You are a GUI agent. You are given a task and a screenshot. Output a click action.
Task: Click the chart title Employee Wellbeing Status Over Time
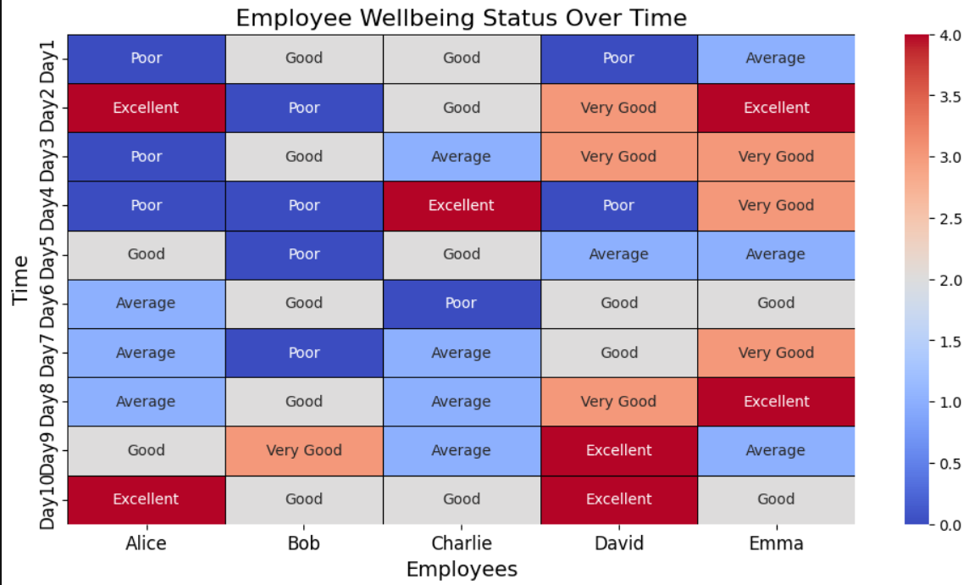(461, 18)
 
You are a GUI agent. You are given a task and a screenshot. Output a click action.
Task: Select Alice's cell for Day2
(147, 108)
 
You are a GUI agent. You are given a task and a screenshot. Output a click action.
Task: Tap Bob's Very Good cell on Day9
(304, 450)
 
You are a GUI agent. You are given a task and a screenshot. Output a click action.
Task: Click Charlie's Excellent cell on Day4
(462, 205)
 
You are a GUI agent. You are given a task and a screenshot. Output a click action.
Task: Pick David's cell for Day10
(619, 499)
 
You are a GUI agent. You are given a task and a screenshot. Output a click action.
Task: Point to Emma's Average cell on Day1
(776, 58)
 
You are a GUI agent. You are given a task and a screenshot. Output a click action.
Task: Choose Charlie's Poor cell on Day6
(462, 304)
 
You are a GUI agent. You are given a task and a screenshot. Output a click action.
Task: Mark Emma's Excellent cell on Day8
(776, 402)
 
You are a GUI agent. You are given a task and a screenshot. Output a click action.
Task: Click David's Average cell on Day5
(619, 254)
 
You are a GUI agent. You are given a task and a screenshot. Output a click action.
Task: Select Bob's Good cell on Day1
(304, 58)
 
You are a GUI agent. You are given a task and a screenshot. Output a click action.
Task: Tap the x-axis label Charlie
(462, 543)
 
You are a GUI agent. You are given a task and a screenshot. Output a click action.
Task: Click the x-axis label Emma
(776, 543)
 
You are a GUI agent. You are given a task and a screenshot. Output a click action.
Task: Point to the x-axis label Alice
(147, 543)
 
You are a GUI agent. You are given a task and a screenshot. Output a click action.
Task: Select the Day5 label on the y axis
(47, 255)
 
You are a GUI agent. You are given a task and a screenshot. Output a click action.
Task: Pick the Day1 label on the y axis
(47, 59)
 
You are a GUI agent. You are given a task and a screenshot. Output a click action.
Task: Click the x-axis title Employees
(462, 569)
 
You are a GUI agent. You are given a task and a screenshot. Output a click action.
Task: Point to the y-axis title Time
(22, 279)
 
